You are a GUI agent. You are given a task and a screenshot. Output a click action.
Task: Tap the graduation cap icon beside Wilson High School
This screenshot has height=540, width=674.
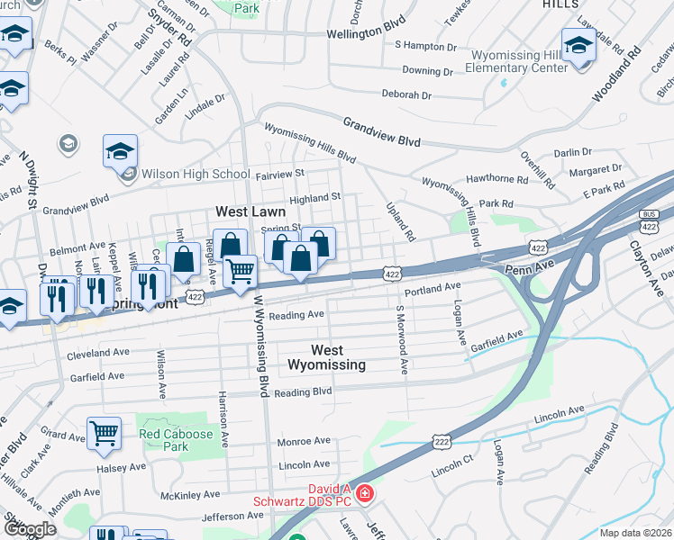[x=120, y=152]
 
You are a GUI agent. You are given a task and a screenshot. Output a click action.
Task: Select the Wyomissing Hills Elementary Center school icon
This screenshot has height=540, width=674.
[x=578, y=46]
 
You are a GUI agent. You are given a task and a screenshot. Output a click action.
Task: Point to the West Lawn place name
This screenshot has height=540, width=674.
[x=250, y=211]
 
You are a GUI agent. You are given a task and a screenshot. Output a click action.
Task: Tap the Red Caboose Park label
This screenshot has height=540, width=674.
[x=177, y=440]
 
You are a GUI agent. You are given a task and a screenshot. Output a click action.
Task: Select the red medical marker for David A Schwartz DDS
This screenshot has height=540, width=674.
[x=364, y=493]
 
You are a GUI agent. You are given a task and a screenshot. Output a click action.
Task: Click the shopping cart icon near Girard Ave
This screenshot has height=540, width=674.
[x=105, y=434]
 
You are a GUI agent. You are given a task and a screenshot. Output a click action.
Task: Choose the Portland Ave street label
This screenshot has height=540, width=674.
[x=433, y=289]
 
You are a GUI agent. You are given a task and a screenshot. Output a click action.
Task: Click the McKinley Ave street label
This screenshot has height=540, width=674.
[x=189, y=495]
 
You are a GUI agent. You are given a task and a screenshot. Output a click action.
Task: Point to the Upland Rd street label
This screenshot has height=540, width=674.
[x=400, y=220]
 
